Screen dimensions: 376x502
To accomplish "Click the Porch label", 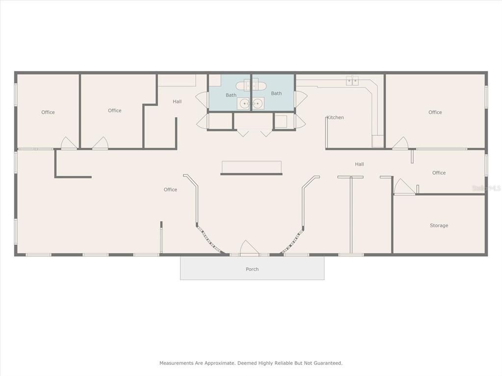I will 252,269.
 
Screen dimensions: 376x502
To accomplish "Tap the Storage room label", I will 439,226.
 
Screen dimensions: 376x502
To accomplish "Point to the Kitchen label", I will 335,117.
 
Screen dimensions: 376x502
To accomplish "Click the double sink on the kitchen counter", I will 352,81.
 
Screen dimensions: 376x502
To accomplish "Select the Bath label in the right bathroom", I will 276,94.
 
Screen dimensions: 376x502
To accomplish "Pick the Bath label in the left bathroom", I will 231,95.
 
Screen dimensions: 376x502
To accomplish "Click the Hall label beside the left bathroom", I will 177,101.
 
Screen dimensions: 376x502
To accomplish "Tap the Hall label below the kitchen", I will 359,164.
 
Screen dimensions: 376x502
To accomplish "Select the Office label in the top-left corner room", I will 48,112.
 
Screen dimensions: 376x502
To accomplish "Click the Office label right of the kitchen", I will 435,112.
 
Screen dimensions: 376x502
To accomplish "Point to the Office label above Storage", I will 439,173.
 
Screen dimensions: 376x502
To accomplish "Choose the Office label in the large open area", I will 170,189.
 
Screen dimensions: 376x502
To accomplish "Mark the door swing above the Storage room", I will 403,187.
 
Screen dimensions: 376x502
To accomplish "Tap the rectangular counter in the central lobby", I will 251,167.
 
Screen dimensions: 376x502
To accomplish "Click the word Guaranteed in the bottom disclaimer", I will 327,363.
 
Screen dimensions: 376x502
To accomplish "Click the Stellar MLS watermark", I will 485,188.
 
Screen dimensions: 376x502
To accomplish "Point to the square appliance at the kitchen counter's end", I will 378,141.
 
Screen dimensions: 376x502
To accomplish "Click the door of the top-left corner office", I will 68,143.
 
